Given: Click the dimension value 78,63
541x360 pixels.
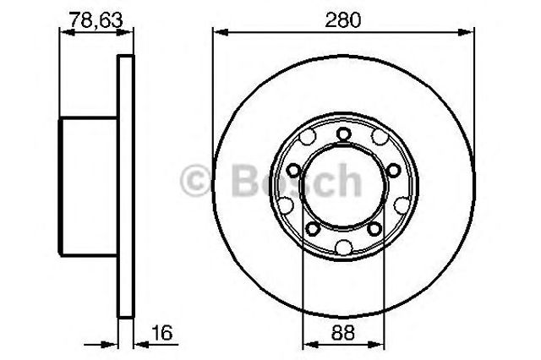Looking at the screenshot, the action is click(x=96, y=20).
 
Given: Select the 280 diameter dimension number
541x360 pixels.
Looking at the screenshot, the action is click(x=343, y=20).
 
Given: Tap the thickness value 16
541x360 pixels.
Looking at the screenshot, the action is click(x=161, y=333).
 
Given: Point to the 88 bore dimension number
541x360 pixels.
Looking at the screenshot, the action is click(x=343, y=333).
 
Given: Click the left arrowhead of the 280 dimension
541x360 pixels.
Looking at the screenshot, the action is click(x=221, y=32).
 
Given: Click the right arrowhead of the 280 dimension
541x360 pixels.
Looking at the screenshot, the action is click(x=466, y=32).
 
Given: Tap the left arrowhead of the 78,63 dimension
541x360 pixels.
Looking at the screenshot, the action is click(x=68, y=32).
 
